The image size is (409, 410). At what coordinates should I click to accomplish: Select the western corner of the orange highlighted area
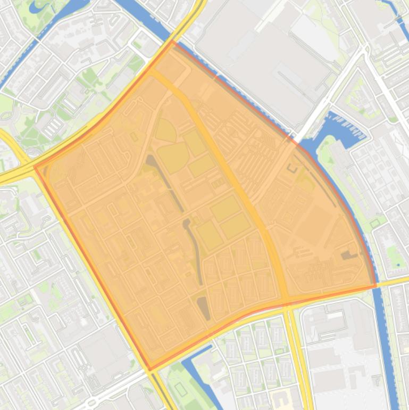(35, 167)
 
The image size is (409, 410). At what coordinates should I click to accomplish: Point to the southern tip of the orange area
(150, 370)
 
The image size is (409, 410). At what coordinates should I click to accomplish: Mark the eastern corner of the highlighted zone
(375, 286)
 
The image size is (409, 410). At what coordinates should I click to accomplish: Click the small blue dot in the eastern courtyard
(398, 265)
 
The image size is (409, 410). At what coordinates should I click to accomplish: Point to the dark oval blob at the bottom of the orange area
(204, 308)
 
